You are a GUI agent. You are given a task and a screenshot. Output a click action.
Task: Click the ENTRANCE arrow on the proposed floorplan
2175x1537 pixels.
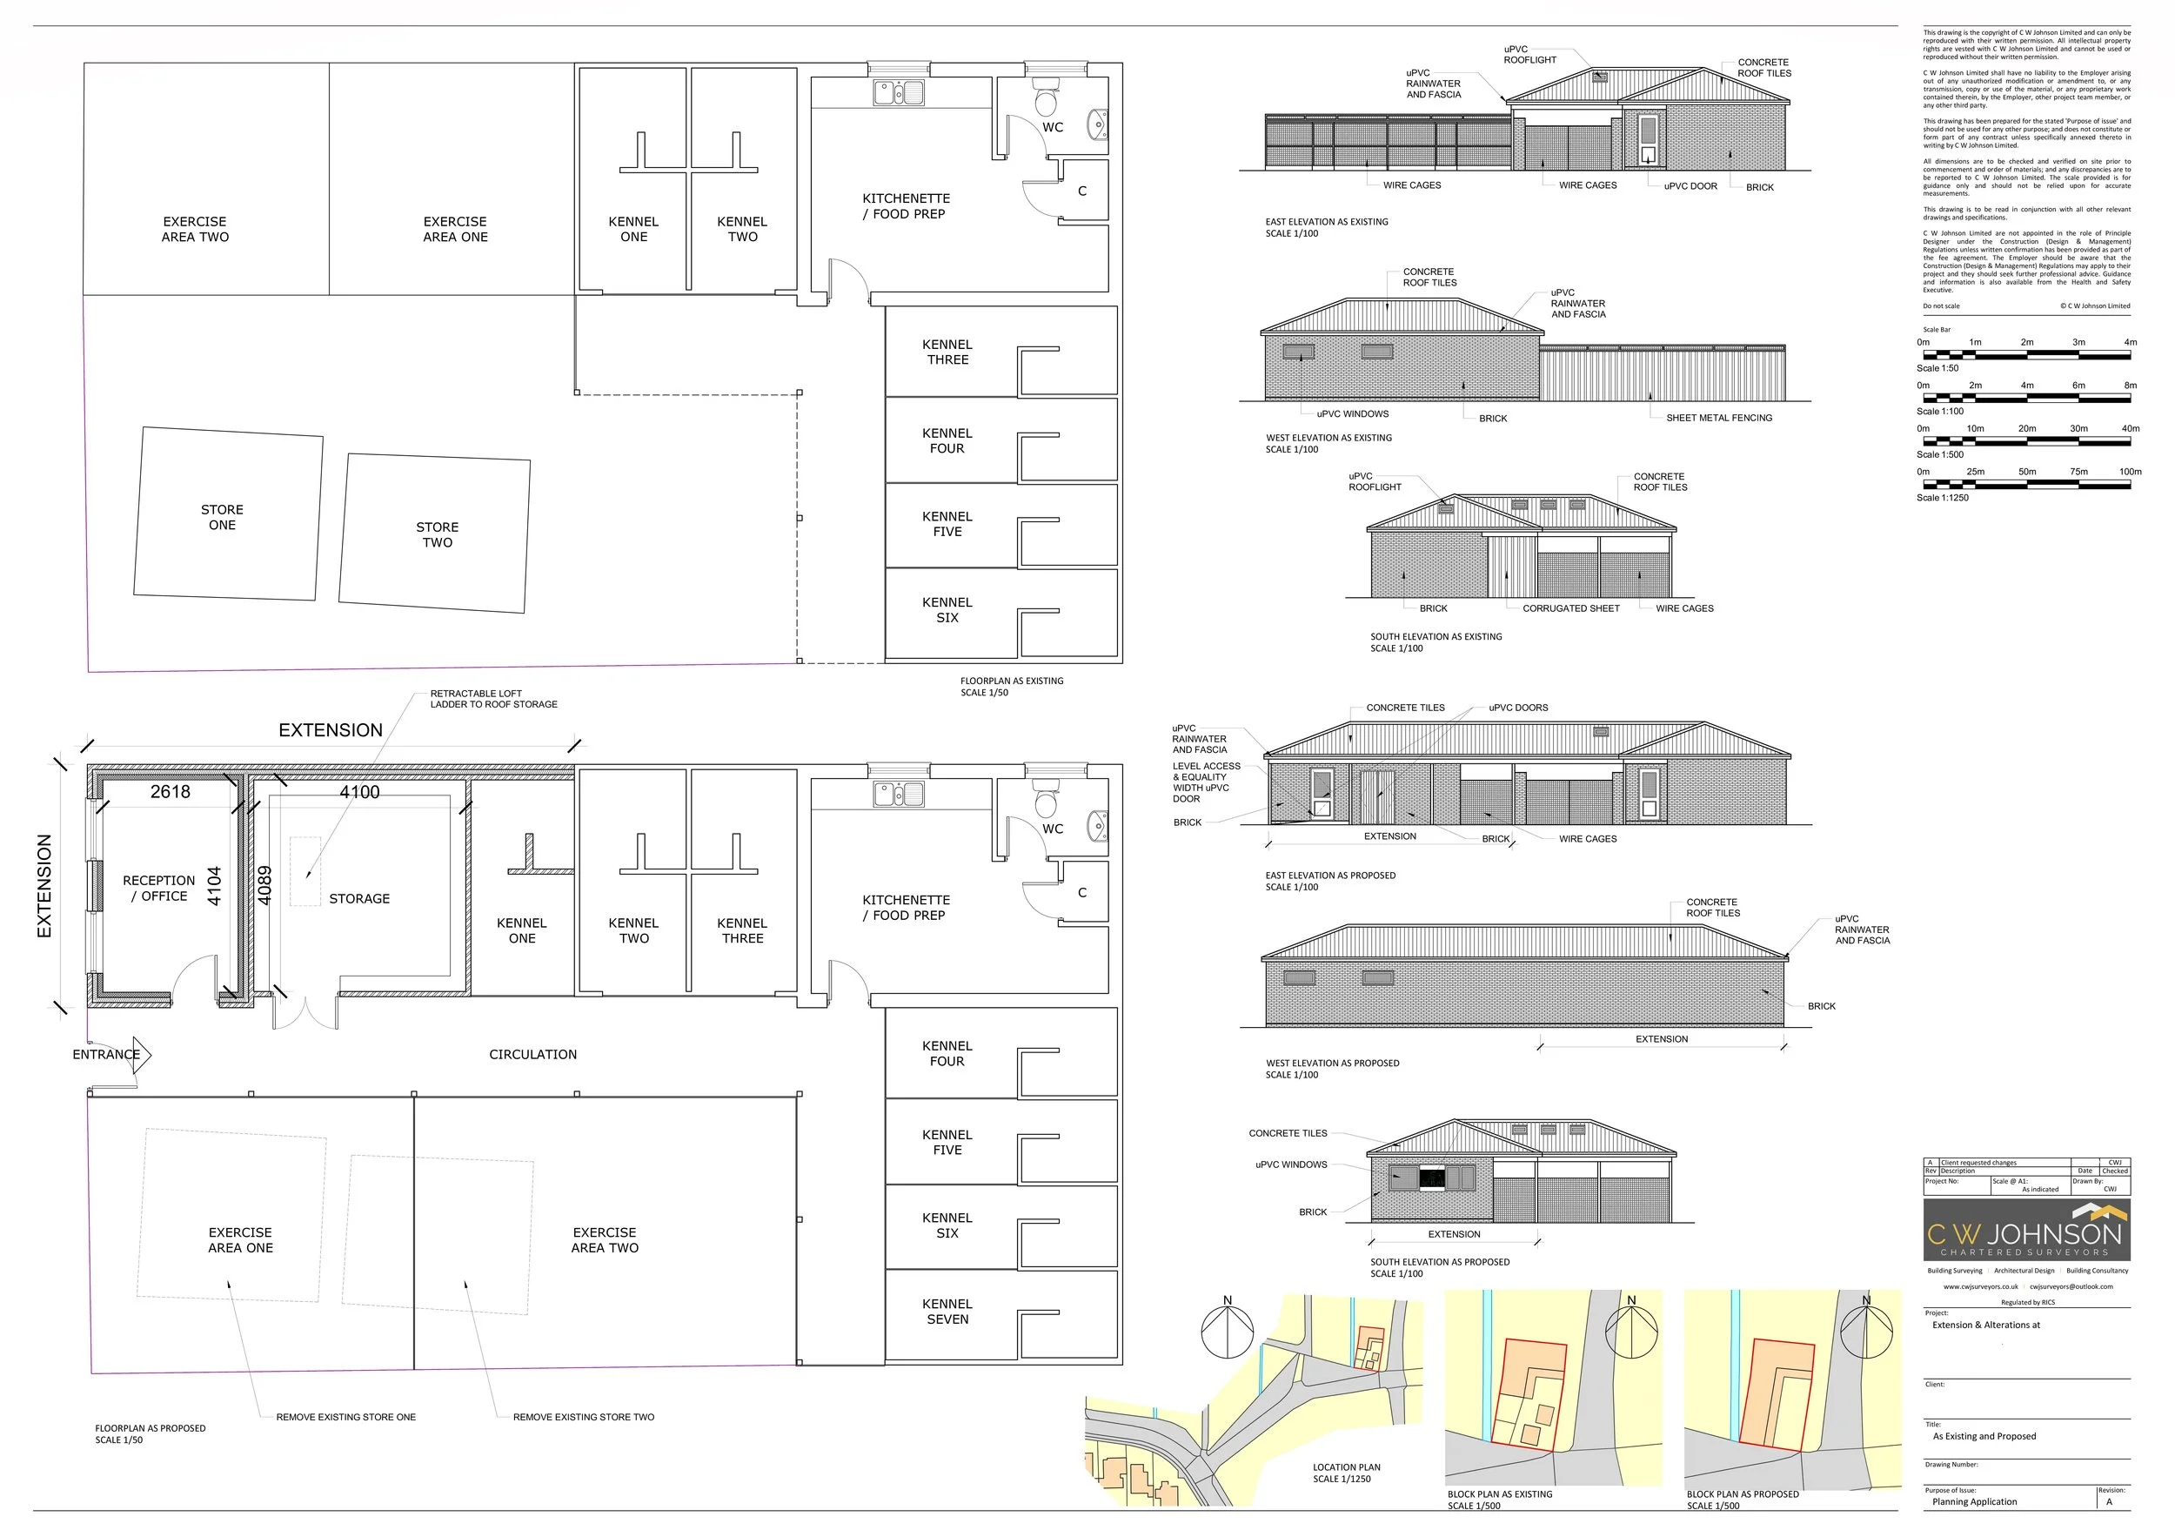click(141, 1054)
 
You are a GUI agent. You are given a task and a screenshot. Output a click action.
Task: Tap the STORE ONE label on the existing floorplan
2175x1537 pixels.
click(222, 517)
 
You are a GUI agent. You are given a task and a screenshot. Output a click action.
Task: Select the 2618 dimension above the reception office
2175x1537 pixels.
click(171, 792)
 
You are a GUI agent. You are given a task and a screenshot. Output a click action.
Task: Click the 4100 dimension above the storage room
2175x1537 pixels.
click(360, 792)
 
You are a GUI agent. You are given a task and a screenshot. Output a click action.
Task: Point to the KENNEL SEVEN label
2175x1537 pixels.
click(947, 1312)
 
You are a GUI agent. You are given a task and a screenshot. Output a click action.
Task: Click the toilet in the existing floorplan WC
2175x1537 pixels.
click(1047, 99)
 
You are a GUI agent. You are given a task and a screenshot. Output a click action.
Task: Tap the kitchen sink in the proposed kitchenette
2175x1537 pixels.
click(898, 794)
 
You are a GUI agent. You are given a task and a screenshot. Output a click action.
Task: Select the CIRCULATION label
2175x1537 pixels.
click(532, 1055)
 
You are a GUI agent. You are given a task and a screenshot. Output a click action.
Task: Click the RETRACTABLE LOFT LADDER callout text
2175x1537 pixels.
click(493, 700)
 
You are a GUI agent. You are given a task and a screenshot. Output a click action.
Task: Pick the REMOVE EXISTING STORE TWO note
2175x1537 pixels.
click(584, 1418)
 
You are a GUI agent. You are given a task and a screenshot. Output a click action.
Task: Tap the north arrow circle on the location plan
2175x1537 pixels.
click(1227, 1332)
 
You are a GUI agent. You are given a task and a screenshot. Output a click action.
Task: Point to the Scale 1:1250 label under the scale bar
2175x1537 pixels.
click(1942, 498)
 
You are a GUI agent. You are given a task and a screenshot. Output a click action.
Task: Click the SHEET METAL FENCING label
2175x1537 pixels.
click(1718, 418)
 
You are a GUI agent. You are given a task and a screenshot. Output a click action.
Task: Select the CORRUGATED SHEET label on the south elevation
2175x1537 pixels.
click(1570, 608)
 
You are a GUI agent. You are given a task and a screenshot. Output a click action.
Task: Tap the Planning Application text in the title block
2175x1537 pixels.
click(1974, 1502)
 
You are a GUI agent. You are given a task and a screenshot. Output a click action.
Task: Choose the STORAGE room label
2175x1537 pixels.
click(359, 898)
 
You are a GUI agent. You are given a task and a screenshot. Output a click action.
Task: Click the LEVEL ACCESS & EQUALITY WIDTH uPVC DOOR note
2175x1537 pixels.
click(1206, 782)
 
